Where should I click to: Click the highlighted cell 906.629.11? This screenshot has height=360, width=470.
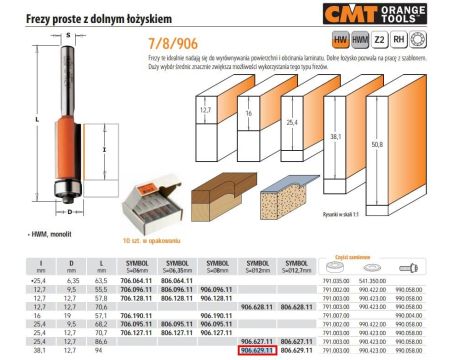[258, 353]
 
